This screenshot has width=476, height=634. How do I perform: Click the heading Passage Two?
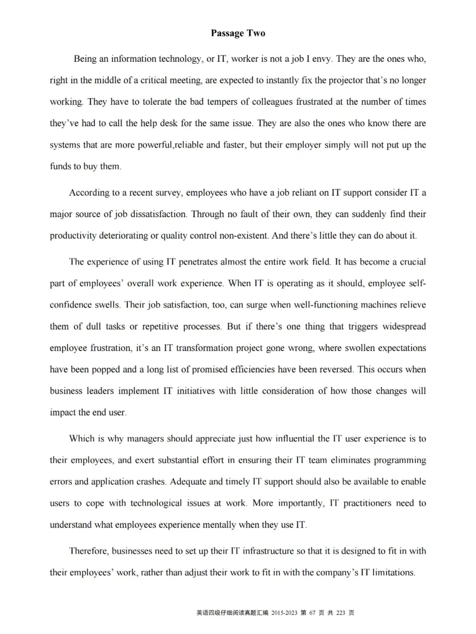click(x=237, y=33)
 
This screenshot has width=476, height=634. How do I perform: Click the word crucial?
click(x=409, y=262)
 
